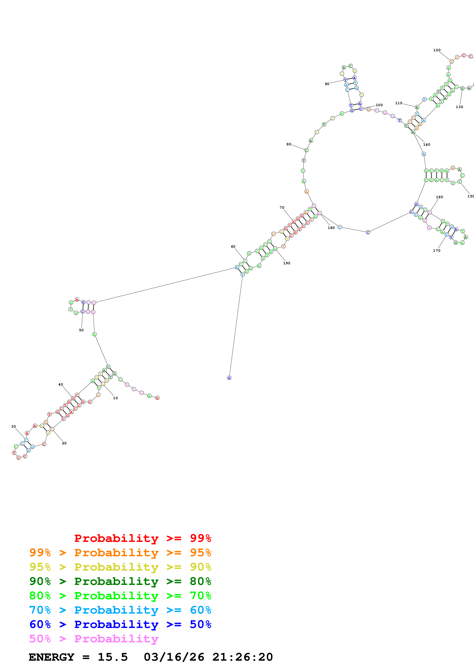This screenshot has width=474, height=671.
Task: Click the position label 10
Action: pos(115,398)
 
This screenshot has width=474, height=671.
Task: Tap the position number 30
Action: pos(13,427)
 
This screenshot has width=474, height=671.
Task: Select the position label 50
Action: pos(81,330)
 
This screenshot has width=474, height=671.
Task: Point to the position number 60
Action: pos(233,247)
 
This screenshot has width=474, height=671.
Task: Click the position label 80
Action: pos(289,144)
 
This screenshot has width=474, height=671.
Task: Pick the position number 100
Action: pos(379,105)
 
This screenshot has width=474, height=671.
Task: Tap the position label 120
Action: pos(437,50)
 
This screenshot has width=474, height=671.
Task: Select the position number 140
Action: pos(427,145)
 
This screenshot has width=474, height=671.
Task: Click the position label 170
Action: pos(437,250)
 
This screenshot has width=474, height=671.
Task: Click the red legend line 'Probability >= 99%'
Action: pos(142,538)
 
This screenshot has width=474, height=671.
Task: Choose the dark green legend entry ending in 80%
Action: pos(120,581)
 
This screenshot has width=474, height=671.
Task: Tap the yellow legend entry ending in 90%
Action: pos(120,567)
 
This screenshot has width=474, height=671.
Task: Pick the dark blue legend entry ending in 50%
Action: pos(120,625)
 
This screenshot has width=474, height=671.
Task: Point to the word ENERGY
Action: pos(51,657)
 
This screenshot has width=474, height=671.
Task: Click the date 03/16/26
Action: pos(174,657)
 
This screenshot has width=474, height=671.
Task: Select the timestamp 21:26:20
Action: pos(242,657)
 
